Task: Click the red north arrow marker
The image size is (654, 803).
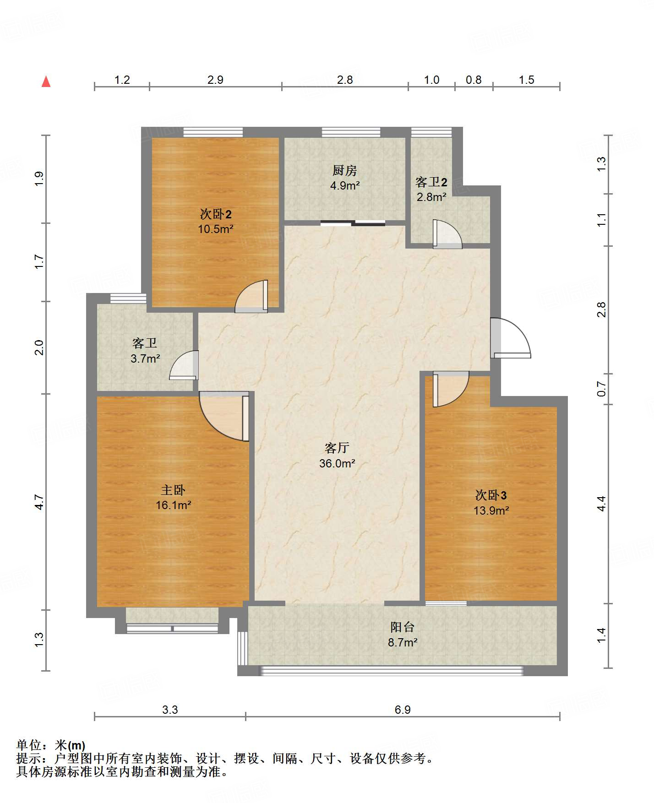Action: point(46,81)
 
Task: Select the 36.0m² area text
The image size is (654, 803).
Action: point(337,463)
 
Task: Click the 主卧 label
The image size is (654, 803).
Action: point(173,490)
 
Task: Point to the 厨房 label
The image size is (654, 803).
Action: point(344,170)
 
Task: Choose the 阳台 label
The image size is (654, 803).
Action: point(403,627)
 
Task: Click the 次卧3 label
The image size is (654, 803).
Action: point(491,495)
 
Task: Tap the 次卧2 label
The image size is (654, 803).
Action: point(216,214)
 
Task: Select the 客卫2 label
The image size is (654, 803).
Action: point(431,182)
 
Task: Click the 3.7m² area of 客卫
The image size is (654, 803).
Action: point(145,358)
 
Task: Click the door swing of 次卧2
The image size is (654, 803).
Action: point(251,296)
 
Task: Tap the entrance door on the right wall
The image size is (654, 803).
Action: point(510,337)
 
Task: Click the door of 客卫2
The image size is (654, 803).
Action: point(447,234)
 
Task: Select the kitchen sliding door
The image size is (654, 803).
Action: point(353,223)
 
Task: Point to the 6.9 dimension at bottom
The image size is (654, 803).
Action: point(403,710)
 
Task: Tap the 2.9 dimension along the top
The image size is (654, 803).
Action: point(215,80)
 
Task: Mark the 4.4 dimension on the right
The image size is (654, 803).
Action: point(601,504)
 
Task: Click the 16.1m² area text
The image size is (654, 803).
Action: point(173,505)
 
